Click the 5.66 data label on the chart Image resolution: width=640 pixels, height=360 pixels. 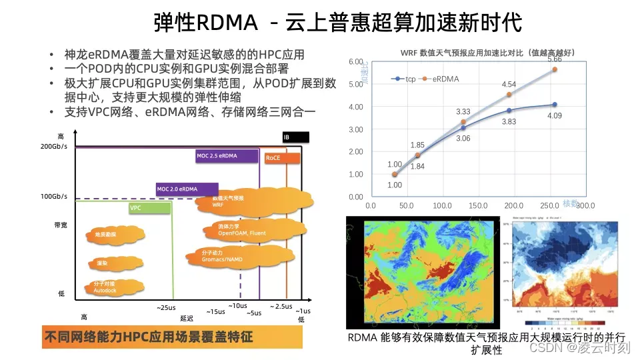point(555,59)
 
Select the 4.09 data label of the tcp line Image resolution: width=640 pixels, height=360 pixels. point(555,115)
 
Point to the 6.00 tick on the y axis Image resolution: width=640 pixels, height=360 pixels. point(356,61)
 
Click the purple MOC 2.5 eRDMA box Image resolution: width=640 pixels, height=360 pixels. point(227,157)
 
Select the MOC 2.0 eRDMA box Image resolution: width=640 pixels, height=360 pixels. point(187,189)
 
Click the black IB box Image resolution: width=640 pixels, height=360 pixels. point(296,137)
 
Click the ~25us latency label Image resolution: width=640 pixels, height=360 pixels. point(166,307)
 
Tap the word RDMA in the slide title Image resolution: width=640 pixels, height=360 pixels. point(227,23)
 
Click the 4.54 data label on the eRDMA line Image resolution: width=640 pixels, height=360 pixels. point(509,85)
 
